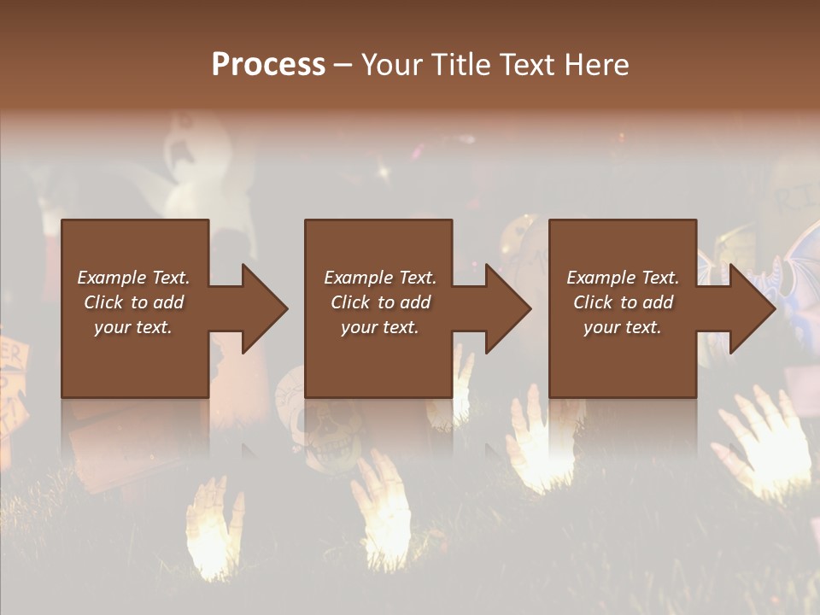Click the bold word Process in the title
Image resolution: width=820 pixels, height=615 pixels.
[x=268, y=64]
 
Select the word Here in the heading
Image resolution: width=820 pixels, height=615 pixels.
[x=597, y=64]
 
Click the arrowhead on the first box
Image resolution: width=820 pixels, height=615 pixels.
[x=263, y=308]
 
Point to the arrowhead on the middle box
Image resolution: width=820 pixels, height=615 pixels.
[x=507, y=308]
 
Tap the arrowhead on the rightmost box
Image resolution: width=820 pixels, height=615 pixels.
[x=751, y=308]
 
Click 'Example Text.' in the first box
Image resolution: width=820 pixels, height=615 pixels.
[x=134, y=278]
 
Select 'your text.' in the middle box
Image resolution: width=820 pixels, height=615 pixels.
[x=379, y=327]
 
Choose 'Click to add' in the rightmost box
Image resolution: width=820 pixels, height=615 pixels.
[x=623, y=302]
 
